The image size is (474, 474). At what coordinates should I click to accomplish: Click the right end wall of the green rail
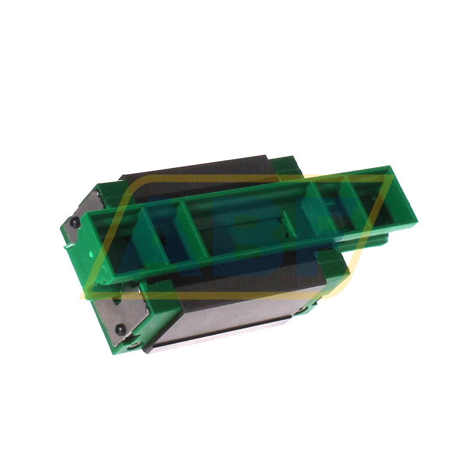pos(406,195)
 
